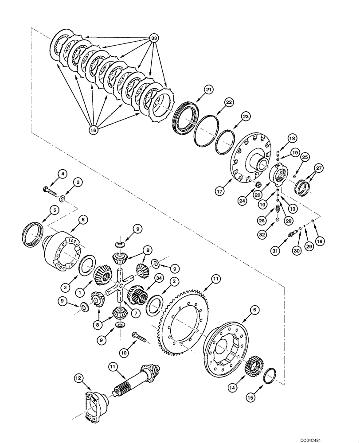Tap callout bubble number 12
pos(78,377)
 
